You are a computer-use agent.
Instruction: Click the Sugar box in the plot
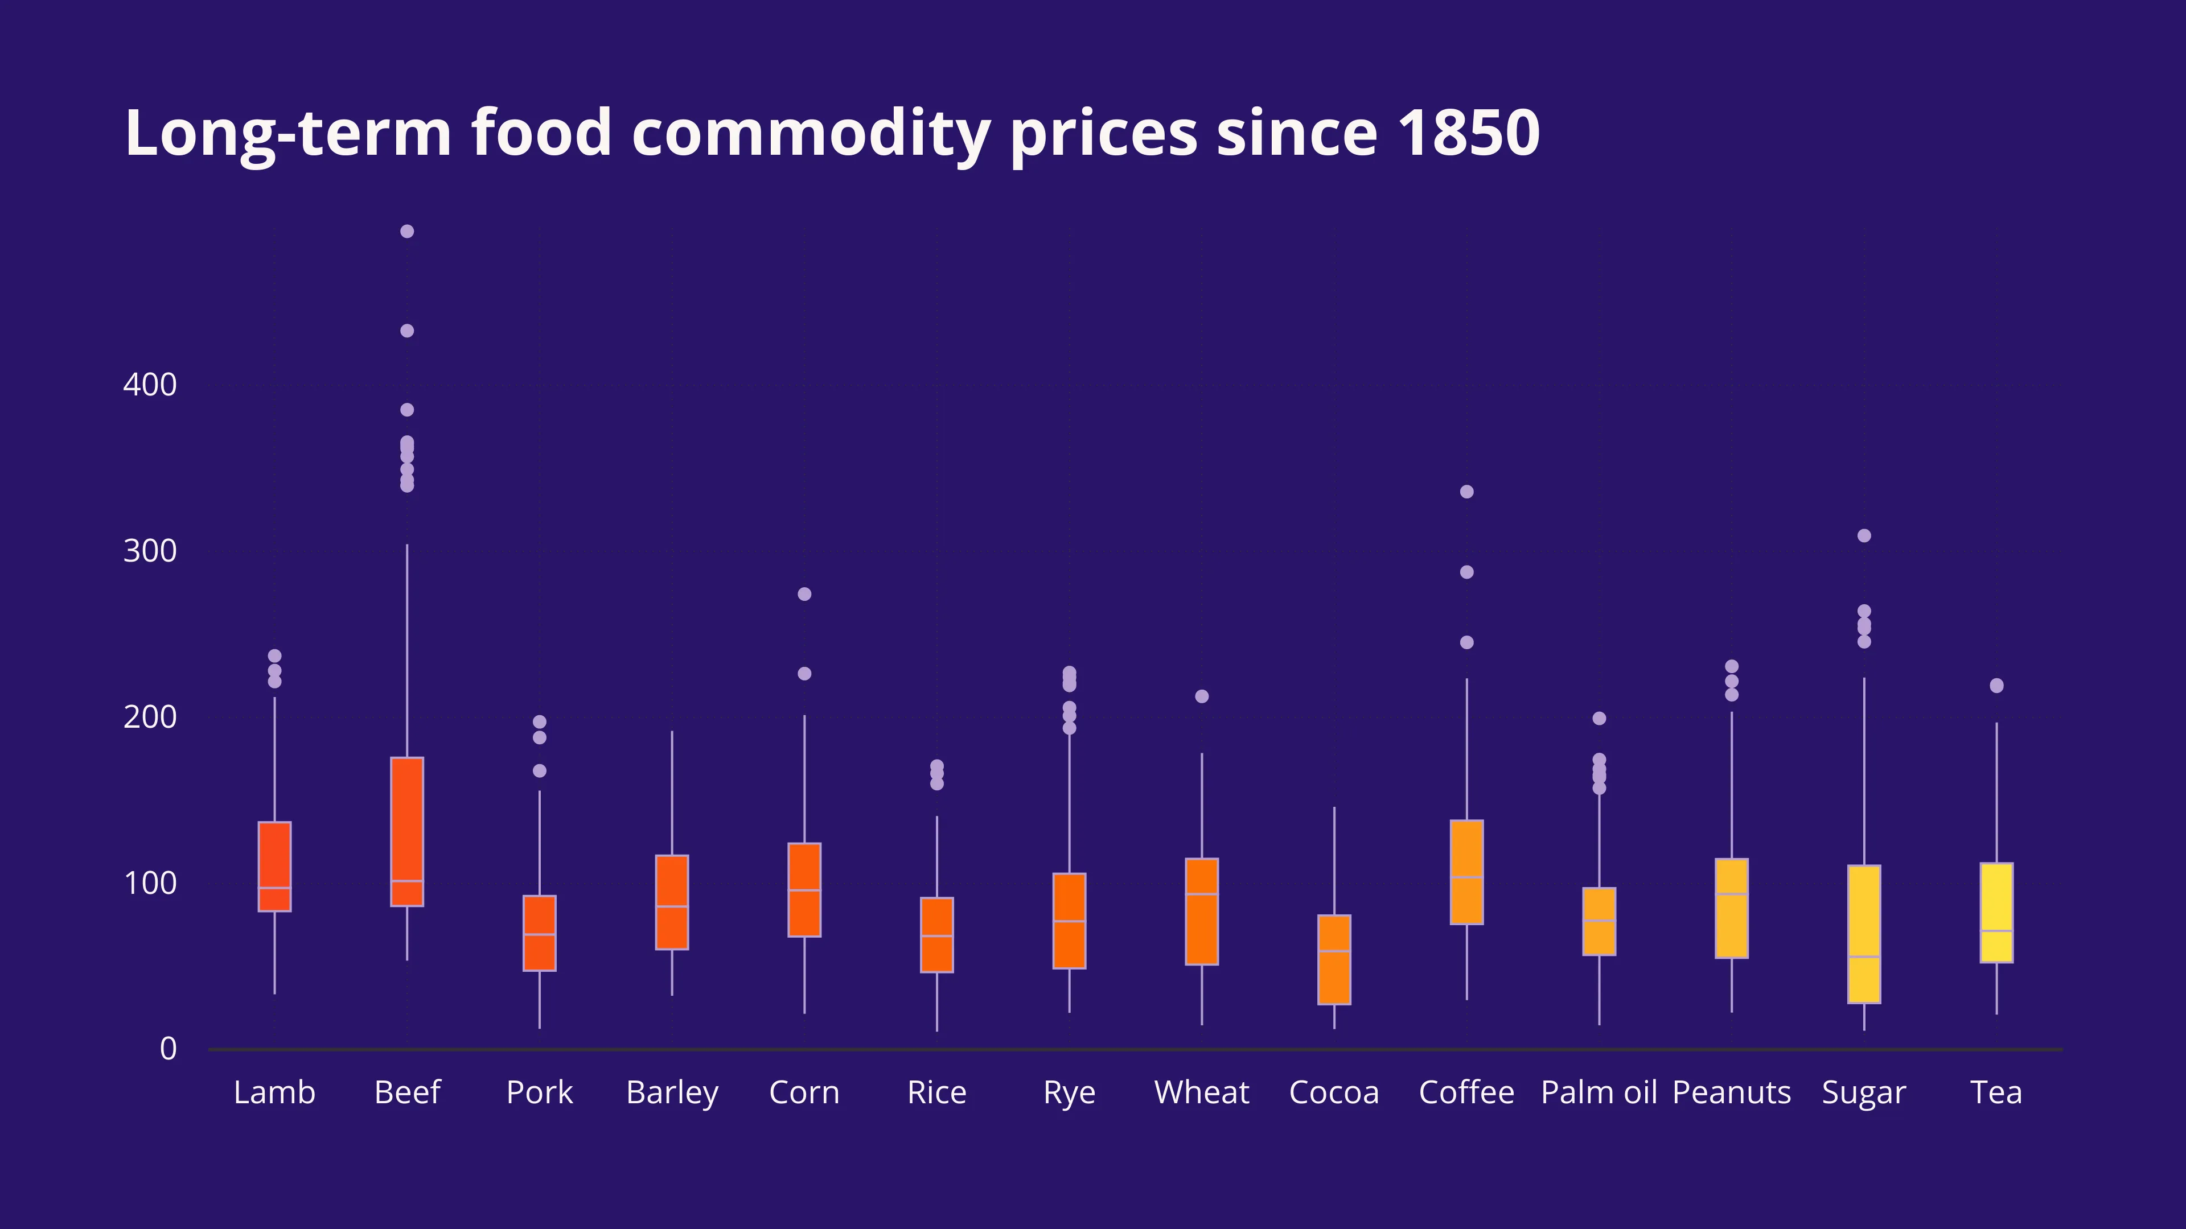click(1864, 933)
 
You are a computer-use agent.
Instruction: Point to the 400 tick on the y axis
click(150, 385)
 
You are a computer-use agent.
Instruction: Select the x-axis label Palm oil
click(1599, 1092)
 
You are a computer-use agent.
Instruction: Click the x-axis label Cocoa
click(1334, 1092)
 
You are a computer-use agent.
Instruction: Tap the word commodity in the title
click(811, 133)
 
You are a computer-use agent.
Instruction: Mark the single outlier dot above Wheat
click(1202, 696)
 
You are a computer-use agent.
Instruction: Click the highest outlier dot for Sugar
click(1864, 536)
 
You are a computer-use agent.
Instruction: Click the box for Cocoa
click(1334, 959)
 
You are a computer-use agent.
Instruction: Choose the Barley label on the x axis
click(672, 1092)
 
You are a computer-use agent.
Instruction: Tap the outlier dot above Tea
click(1996, 685)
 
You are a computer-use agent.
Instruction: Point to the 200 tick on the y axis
click(150, 717)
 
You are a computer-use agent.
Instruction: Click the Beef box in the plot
click(408, 831)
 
